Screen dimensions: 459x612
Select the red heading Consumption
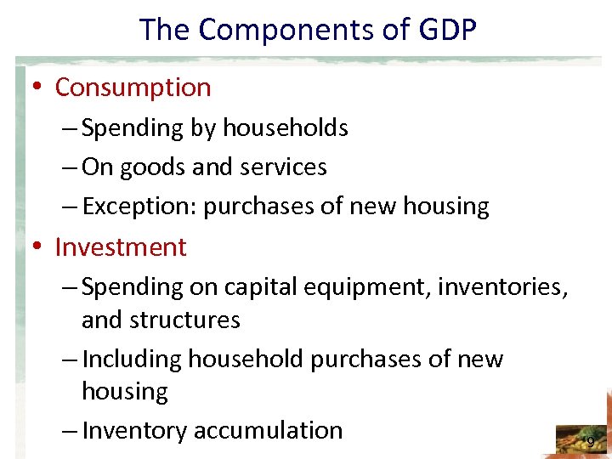[x=133, y=87]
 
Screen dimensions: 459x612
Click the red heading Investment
[x=121, y=246]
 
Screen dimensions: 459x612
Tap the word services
[x=284, y=167]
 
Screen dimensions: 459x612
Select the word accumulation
[x=268, y=430]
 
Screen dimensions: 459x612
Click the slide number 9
[x=591, y=441]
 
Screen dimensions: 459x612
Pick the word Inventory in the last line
[x=135, y=431]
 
